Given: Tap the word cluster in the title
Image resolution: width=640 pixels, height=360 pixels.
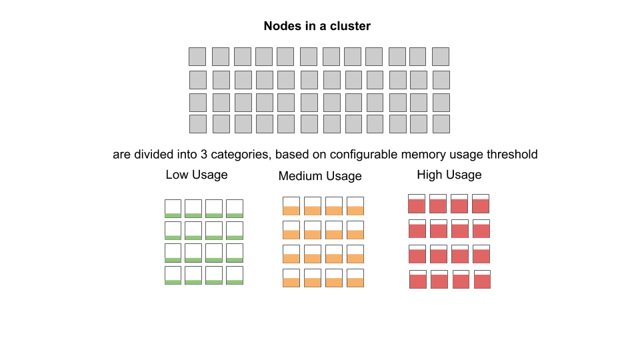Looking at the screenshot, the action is pyautogui.click(x=350, y=26).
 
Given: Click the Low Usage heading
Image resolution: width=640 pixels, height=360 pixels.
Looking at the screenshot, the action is pyautogui.click(x=196, y=175).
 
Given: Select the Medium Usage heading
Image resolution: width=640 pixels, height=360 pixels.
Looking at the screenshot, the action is pyautogui.click(x=320, y=176).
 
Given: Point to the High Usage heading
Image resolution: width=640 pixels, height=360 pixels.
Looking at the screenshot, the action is pyautogui.click(x=449, y=175).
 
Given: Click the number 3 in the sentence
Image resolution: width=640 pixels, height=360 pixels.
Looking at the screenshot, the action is pyautogui.click(x=204, y=154).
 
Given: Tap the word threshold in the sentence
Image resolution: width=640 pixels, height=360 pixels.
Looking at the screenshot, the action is pyautogui.click(x=512, y=154).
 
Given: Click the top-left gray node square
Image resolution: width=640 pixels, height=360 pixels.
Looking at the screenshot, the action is pyautogui.click(x=197, y=57).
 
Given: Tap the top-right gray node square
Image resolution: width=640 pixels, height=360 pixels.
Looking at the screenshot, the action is pyautogui.click(x=441, y=57).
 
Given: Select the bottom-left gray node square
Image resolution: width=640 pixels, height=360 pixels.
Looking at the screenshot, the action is pyautogui.click(x=198, y=124).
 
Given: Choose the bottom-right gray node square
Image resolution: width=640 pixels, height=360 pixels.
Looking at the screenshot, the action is pyautogui.click(x=441, y=124).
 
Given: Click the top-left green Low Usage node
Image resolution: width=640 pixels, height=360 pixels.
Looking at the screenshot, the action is pyautogui.click(x=173, y=209).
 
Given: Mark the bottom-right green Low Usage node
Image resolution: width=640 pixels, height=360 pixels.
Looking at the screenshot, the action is pyautogui.click(x=235, y=275).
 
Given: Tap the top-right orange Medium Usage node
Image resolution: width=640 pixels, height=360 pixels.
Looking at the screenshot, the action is pyautogui.click(x=355, y=206).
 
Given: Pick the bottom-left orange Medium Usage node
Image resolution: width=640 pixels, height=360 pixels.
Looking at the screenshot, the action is pyautogui.click(x=291, y=278).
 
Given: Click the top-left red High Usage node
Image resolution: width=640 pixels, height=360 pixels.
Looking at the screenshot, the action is pyautogui.click(x=417, y=204).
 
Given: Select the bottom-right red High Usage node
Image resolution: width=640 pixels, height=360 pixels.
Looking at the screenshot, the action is pyautogui.click(x=482, y=279).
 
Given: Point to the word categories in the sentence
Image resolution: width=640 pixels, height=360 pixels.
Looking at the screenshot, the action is pyautogui.click(x=241, y=155).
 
